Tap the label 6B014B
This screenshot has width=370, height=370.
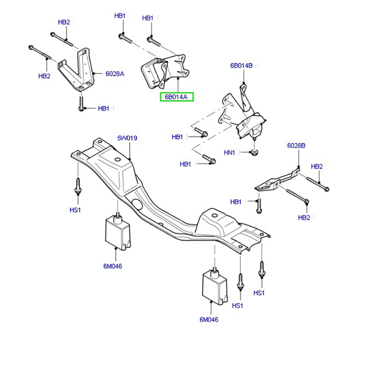coord(241,66)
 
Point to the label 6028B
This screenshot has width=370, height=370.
coord(296,145)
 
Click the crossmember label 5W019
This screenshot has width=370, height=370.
coord(127,138)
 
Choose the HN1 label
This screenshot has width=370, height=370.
coord(230,152)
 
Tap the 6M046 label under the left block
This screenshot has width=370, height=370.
coord(112,266)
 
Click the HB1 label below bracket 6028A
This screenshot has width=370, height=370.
coord(104,109)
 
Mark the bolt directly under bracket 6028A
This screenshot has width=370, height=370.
coord(81,102)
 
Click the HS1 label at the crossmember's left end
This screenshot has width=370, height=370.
coord(75,210)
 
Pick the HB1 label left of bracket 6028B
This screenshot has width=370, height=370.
coord(236,202)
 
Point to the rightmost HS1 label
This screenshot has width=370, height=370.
coord(259,293)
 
